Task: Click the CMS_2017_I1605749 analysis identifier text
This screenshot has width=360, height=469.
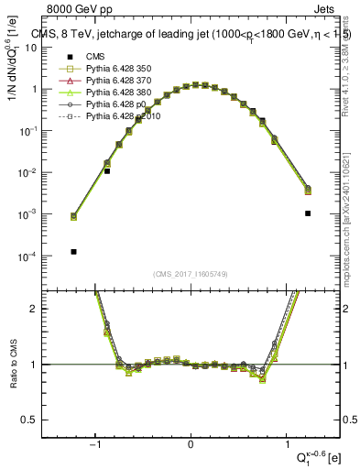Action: click(x=191, y=274)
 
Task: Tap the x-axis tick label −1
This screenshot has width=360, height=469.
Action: click(x=95, y=444)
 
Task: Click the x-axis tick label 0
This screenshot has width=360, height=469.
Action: click(x=191, y=444)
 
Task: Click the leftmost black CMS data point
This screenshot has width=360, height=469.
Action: click(x=73, y=252)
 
